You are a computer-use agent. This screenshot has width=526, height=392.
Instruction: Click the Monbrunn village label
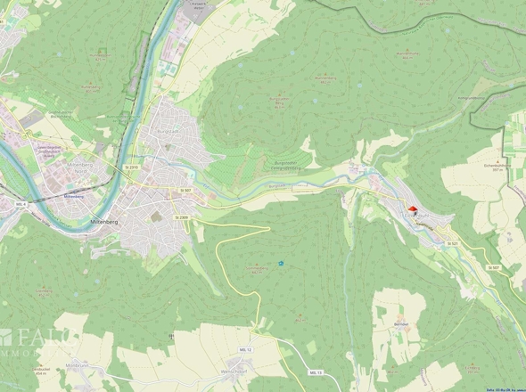coord(78,365)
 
